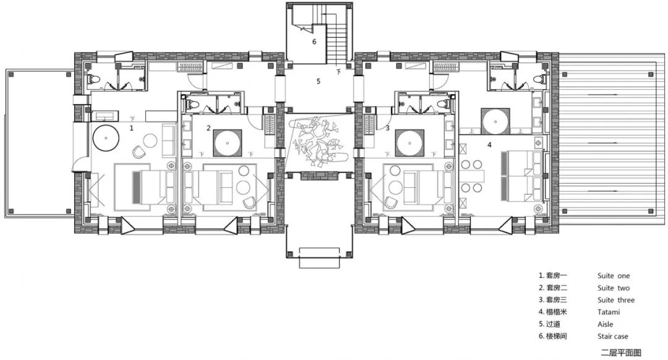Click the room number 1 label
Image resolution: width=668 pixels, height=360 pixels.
pyautogui.click(x=132, y=128)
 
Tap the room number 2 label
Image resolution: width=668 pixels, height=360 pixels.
pyautogui.click(x=208, y=128)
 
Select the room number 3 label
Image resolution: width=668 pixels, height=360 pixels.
pyautogui.click(x=387, y=128)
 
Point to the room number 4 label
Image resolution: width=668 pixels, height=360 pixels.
pyautogui.click(x=489, y=145)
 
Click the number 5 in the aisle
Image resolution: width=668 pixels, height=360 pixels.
pyautogui.click(x=319, y=81)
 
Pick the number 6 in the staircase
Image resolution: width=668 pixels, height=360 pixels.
pyautogui.click(x=314, y=41)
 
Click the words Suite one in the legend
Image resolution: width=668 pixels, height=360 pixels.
pyautogui.click(x=614, y=276)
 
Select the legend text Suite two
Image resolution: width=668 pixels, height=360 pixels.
pyautogui.click(x=614, y=288)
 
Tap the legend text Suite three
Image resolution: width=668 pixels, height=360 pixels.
pyautogui.click(x=616, y=300)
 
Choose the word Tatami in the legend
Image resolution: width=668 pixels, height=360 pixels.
pyautogui.click(x=609, y=312)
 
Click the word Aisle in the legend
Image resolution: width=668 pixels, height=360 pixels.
pyautogui.click(x=606, y=324)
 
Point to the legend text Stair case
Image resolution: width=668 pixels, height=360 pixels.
pyautogui.click(x=612, y=336)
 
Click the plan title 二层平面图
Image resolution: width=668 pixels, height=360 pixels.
pyautogui.click(x=621, y=353)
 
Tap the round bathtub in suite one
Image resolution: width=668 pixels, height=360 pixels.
pyautogui.click(x=106, y=137)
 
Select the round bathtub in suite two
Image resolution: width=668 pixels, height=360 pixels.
pyautogui.click(x=228, y=143)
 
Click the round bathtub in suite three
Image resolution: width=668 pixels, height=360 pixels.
pyautogui.click(x=409, y=143)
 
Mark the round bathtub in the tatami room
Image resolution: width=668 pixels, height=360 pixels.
pyautogui.click(x=495, y=121)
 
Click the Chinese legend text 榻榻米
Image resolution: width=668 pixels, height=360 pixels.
pyautogui.click(x=557, y=312)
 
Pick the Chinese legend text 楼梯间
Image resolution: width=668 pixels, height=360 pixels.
pyautogui.click(x=557, y=336)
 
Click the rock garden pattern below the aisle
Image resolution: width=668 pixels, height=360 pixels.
pyautogui.click(x=319, y=142)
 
